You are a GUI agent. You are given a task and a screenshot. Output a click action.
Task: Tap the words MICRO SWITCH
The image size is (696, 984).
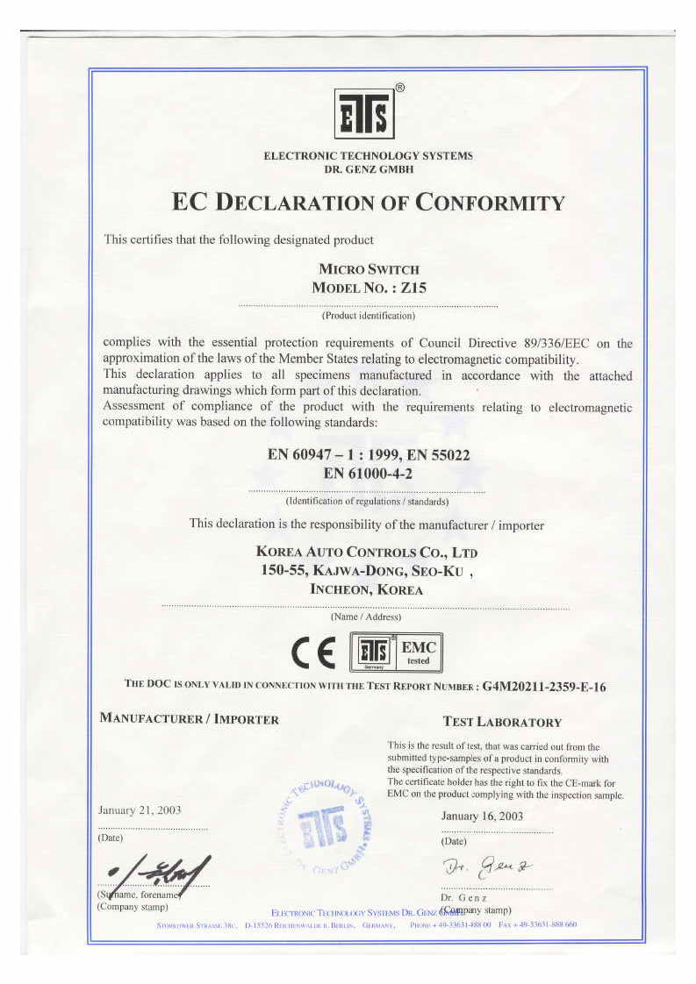pos(368,269)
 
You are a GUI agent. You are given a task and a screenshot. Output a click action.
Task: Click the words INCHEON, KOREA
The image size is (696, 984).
pos(367,590)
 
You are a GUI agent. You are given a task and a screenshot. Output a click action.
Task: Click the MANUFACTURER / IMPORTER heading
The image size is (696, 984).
pos(190,719)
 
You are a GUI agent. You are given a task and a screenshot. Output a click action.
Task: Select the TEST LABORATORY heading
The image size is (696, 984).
pos(502,722)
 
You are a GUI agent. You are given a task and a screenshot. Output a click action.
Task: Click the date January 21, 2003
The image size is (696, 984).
pos(140,809)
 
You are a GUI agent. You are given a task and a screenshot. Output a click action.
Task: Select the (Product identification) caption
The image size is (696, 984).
pos(368,315)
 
